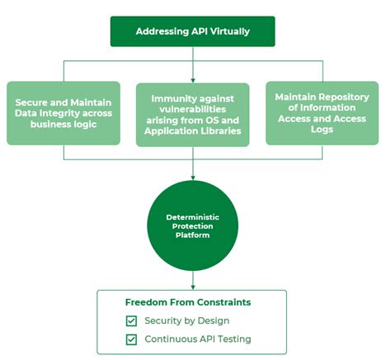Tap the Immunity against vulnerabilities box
[x=192, y=114]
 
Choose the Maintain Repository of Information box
[x=322, y=111]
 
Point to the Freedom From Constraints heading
[x=187, y=302]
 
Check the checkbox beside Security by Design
[x=131, y=320]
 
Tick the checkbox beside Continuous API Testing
[x=131, y=339]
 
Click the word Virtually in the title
[x=229, y=32]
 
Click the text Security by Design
[x=187, y=320]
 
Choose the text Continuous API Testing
[x=197, y=339]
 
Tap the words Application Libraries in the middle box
[x=192, y=130]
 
